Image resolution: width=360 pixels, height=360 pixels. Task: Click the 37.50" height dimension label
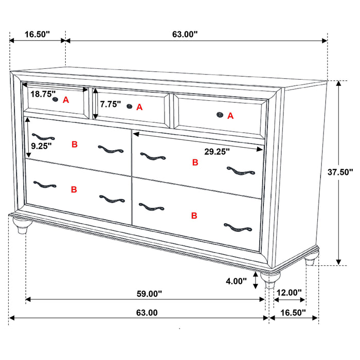[x=340, y=172]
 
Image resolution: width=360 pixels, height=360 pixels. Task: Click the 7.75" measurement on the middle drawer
[x=111, y=104]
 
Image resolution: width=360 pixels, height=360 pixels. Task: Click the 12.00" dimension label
[x=289, y=293]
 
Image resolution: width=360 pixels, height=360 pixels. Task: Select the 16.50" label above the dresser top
[x=37, y=34]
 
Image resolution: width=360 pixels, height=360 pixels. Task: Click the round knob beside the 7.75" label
[x=129, y=106]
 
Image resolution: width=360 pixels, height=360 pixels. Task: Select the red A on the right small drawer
[x=230, y=116]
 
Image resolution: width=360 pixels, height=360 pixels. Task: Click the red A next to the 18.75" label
[x=66, y=100]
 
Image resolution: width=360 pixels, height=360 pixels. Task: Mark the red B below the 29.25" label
[x=195, y=163]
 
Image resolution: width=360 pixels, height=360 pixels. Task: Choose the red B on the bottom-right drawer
[x=194, y=215]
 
